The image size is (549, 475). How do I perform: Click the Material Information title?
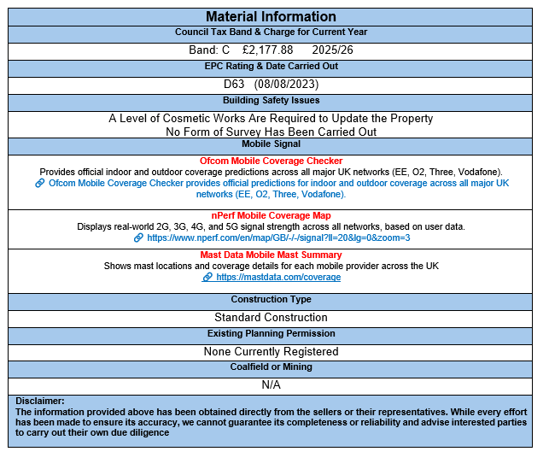point(270,17)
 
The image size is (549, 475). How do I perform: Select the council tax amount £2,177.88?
point(261,50)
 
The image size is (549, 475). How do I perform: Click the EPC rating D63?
point(235,84)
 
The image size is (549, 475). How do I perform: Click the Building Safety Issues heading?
point(270,101)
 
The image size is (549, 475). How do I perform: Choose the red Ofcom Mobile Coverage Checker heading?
point(271,161)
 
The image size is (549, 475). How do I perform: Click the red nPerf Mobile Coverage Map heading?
point(271,215)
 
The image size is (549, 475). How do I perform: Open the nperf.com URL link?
point(278,237)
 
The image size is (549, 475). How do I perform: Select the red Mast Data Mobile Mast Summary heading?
point(271,255)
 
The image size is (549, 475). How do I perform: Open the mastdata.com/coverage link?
point(278,277)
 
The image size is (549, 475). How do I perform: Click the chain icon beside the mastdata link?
point(207,277)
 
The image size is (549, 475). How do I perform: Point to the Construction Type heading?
point(270,300)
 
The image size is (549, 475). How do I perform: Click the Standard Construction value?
point(270,317)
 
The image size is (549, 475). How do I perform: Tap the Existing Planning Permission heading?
point(270,333)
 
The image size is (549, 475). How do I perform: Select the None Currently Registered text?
point(271,351)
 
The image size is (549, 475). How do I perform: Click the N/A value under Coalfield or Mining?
point(271,384)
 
